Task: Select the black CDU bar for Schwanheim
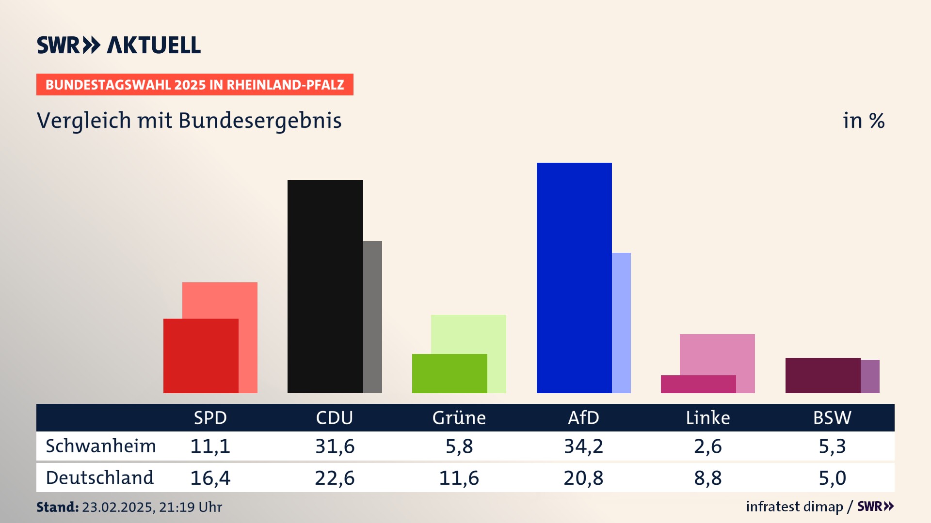pyautogui.click(x=325, y=286)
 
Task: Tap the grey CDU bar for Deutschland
pyautogui.click(x=373, y=317)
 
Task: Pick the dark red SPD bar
pyautogui.click(x=201, y=356)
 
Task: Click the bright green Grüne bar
pyautogui.click(x=449, y=373)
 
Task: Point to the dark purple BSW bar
pyautogui.click(x=823, y=375)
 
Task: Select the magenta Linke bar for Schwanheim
pyautogui.click(x=698, y=384)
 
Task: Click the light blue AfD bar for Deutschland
pyautogui.click(x=622, y=323)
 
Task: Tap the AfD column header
pyautogui.click(x=583, y=417)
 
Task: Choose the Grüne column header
pyautogui.click(x=459, y=417)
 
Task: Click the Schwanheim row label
pyautogui.click(x=101, y=446)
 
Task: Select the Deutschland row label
pyautogui.click(x=100, y=478)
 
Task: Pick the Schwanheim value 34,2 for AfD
pyautogui.click(x=583, y=446)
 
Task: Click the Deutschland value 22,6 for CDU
pyautogui.click(x=335, y=478)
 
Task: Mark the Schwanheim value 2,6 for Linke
pyautogui.click(x=707, y=446)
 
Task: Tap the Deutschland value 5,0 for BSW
pyautogui.click(x=832, y=478)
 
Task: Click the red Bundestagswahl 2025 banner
pyautogui.click(x=194, y=85)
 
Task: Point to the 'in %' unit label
pyautogui.click(x=864, y=121)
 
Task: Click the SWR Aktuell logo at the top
pyautogui.click(x=119, y=45)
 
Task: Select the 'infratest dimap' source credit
pyautogui.click(x=794, y=507)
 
